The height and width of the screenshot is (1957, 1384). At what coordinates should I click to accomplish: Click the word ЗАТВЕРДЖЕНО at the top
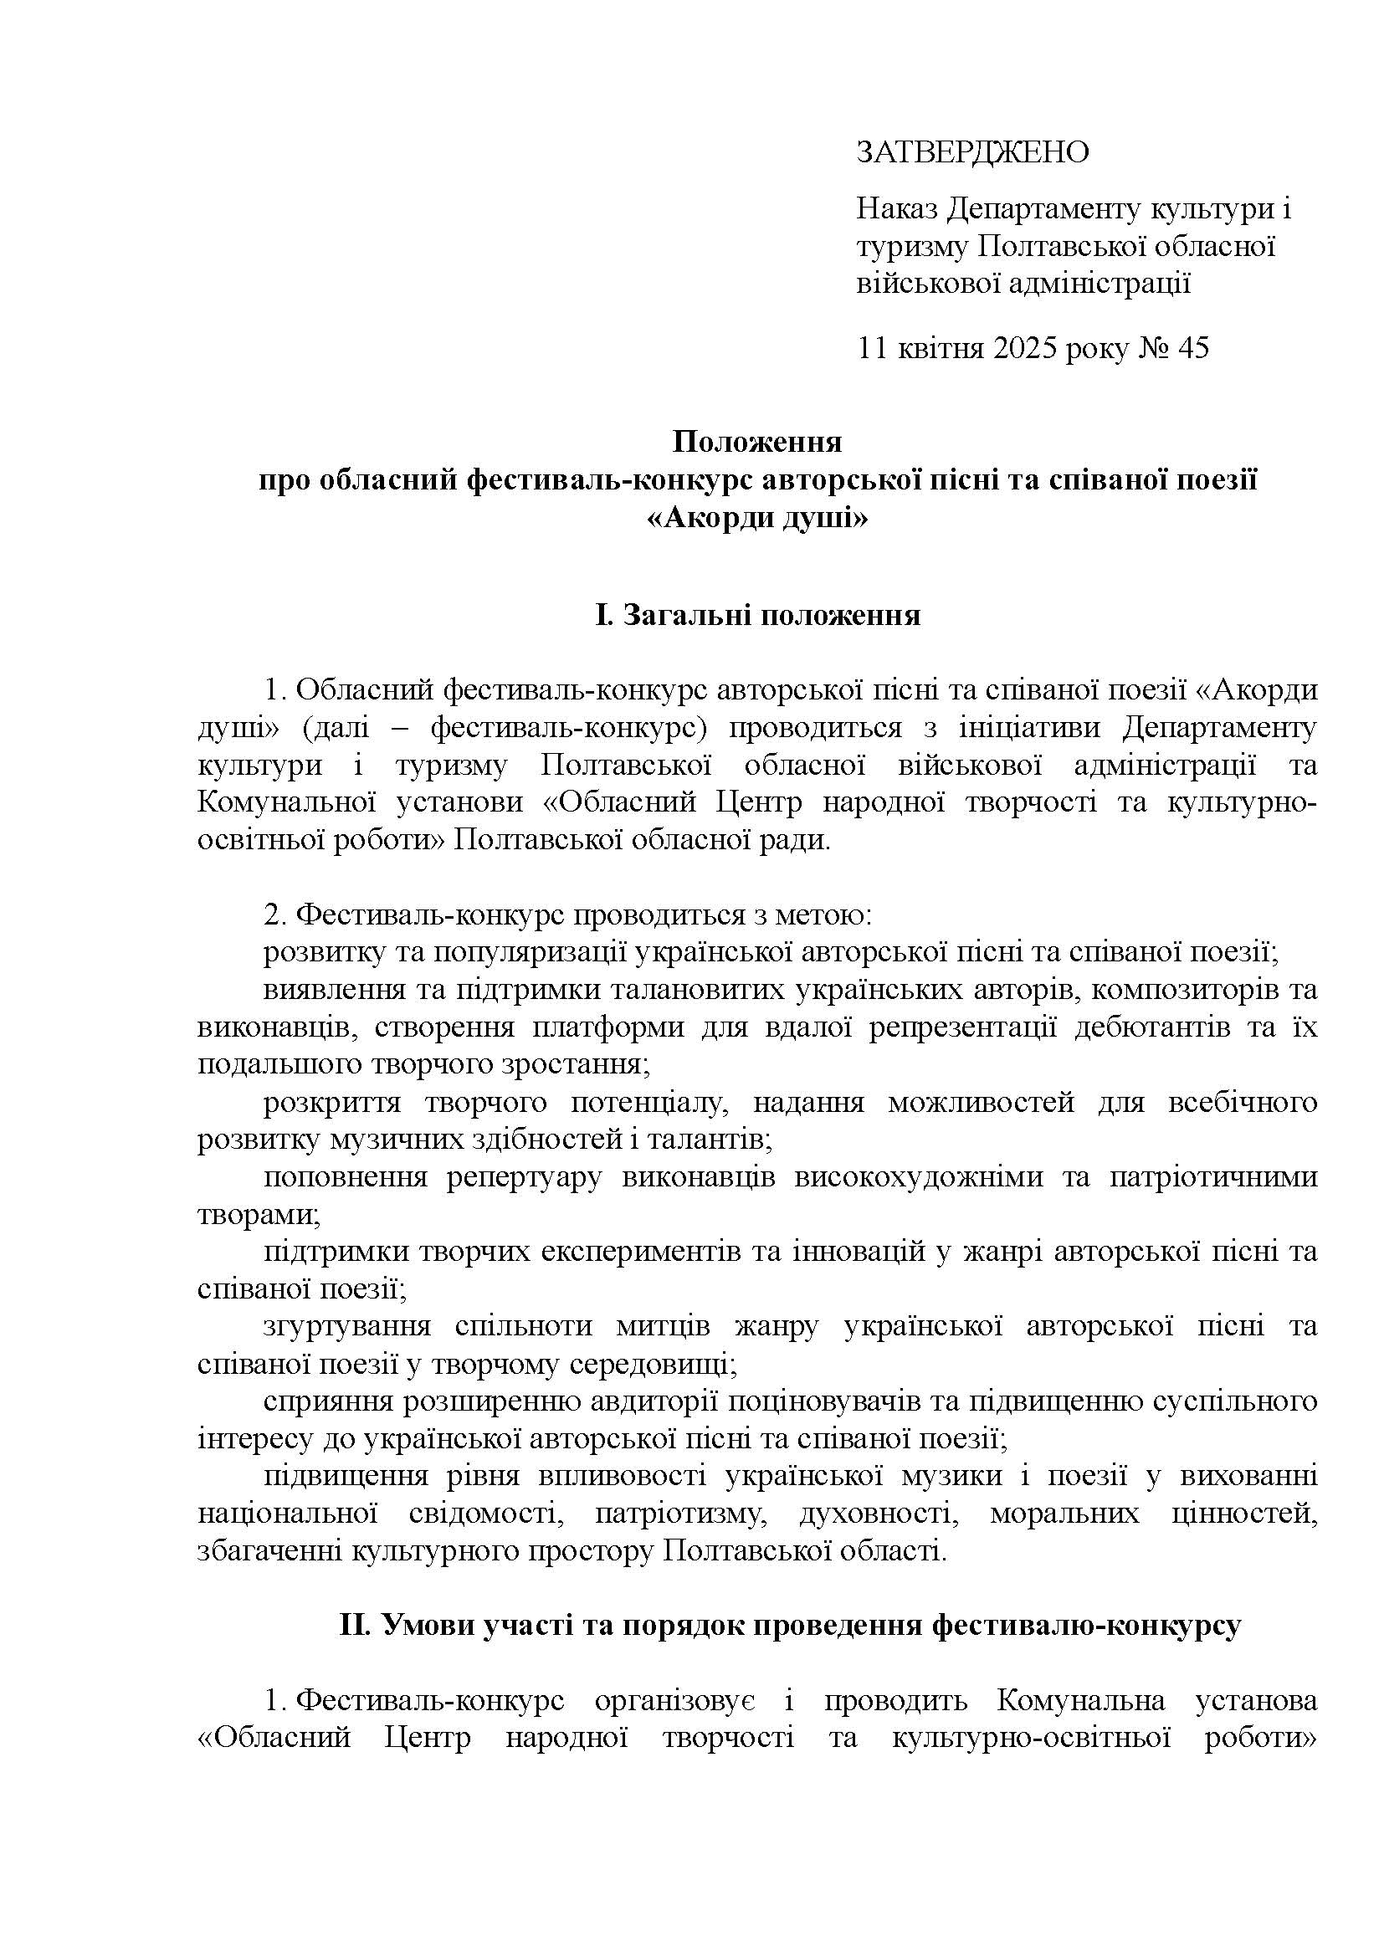[972, 152]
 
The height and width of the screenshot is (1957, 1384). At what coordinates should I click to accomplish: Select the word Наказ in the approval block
[898, 209]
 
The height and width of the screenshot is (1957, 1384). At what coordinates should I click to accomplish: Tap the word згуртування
[347, 1326]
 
